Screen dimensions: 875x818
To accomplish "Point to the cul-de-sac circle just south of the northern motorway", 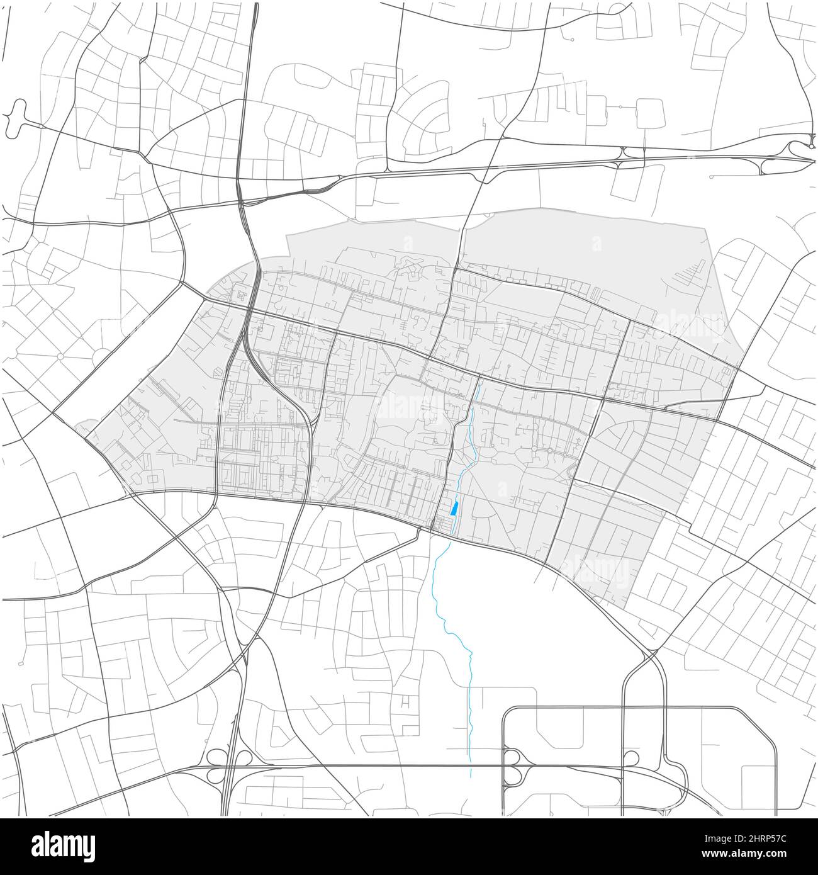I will [x=711, y=177].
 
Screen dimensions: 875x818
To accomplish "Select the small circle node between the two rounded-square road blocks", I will [x=620, y=108].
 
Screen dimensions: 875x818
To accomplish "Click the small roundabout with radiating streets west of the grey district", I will [x=60, y=356].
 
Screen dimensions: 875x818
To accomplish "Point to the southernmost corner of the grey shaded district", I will [x=626, y=608].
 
